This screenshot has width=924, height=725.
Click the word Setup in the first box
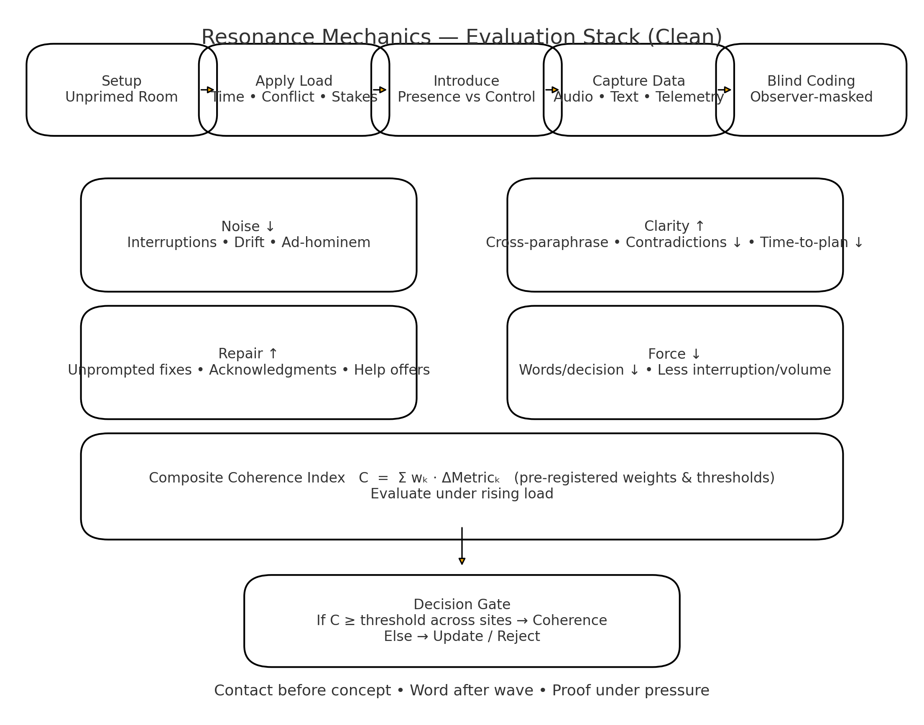click(x=121, y=81)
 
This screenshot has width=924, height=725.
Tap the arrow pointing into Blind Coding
click(x=725, y=89)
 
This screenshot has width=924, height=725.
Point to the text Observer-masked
click(x=811, y=97)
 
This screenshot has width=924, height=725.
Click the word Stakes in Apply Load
click(x=355, y=97)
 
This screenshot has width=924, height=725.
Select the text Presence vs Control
click(x=466, y=97)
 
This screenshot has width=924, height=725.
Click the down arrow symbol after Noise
click(x=270, y=226)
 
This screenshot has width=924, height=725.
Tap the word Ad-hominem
click(x=326, y=243)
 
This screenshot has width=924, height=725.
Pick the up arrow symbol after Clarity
click(x=700, y=226)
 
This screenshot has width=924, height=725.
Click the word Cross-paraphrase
click(x=547, y=243)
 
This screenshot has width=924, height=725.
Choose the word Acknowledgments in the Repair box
click(x=273, y=370)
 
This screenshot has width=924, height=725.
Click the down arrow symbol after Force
click(x=696, y=354)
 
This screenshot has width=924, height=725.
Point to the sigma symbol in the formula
click(x=402, y=478)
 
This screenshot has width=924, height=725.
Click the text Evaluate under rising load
click(x=462, y=494)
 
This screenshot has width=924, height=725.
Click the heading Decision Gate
click(x=462, y=604)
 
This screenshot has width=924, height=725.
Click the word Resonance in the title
click(x=252, y=37)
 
